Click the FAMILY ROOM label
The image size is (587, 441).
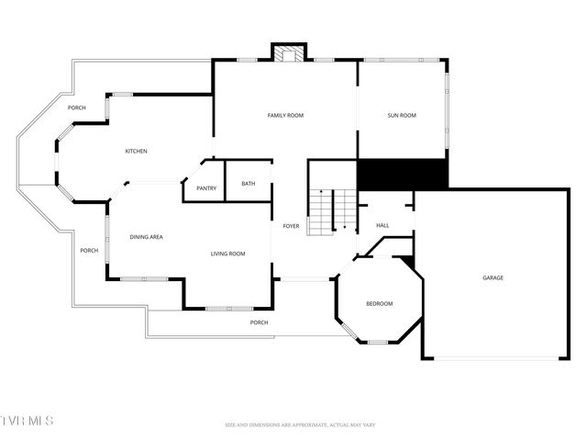coord(285,116)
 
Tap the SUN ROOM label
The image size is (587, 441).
coord(402,116)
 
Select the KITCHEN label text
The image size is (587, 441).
coord(136,152)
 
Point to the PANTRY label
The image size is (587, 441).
coord(206,189)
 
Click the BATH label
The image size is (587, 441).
coord(249,184)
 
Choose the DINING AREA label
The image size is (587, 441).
coord(146,238)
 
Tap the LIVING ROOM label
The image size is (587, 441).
coord(227,254)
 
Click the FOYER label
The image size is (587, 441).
coord(291,226)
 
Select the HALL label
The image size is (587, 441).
coord(382,226)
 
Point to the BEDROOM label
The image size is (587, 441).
coord(380,304)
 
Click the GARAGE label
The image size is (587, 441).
coord(493,277)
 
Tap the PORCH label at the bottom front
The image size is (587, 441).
coord(260,322)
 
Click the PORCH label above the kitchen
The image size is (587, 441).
coord(77,108)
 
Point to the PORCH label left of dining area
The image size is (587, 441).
coord(88,251)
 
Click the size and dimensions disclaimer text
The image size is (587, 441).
coord(301,424)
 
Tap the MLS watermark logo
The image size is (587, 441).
coord(28,421)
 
